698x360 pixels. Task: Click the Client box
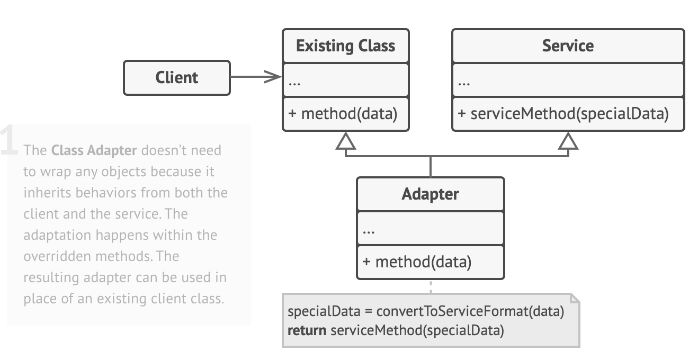point(177,78)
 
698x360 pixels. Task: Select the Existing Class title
point(345,46)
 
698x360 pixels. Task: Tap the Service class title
point(568,46)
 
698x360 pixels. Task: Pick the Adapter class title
point(430,194)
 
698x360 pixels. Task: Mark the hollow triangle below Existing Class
point(345,140)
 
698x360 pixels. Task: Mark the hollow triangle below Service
point(568,140)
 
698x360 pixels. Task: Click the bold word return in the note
point(307,331)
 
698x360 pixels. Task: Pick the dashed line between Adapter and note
point(431,286)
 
